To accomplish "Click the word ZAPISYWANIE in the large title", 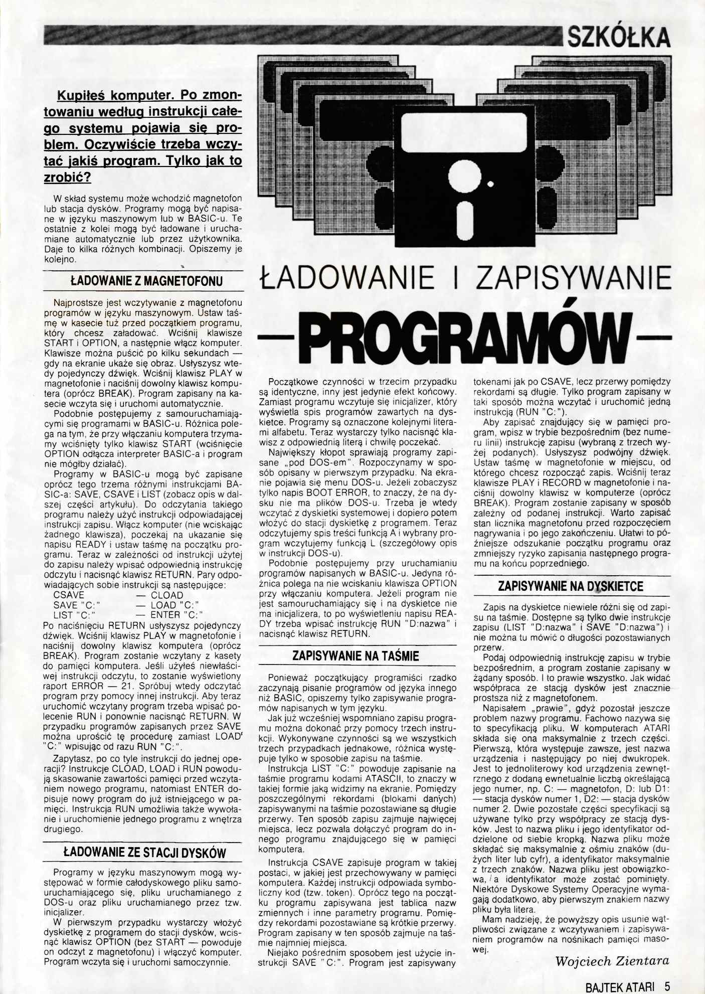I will (573, 278).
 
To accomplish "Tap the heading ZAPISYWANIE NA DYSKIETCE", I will (571, 586).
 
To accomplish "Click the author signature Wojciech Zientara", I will (612, 961).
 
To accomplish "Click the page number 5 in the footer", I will (667, 986).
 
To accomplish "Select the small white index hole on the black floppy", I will (490, 185).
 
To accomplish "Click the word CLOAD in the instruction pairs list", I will (167, 595).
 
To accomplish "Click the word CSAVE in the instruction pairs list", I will (69, 595).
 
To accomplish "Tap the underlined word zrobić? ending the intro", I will (68, 178).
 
